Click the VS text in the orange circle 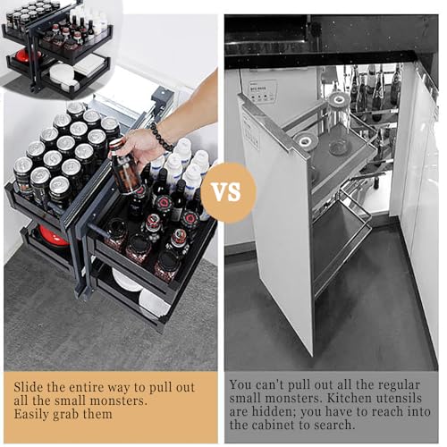pyautogui.click(x=228, y=191)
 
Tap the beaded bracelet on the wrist pyautogui.click(x=161, y=137)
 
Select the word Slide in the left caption pyautogui.click(x=30, y=387)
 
